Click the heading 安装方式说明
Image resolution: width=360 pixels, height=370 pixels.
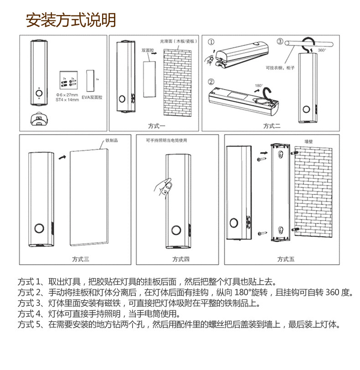(71, 20)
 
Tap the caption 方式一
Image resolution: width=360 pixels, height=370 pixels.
(156, 126)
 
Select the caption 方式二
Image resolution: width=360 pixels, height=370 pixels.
(272, 126)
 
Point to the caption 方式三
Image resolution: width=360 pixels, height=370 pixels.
(81, 259)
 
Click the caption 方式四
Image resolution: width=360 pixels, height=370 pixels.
(181, 259)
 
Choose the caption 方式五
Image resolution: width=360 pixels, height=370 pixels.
(286, 259)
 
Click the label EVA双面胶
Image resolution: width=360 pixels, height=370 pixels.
(93, 97)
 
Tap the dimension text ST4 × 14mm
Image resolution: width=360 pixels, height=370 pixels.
(67, 99)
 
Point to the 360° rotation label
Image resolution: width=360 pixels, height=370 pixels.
(322, 51)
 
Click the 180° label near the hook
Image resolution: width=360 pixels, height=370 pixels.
(259, 86)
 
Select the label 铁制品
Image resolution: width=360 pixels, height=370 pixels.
(112, 141)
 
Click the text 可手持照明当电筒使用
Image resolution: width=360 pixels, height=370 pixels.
(166, 141)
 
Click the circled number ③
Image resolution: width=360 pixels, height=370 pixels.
(280, 42)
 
